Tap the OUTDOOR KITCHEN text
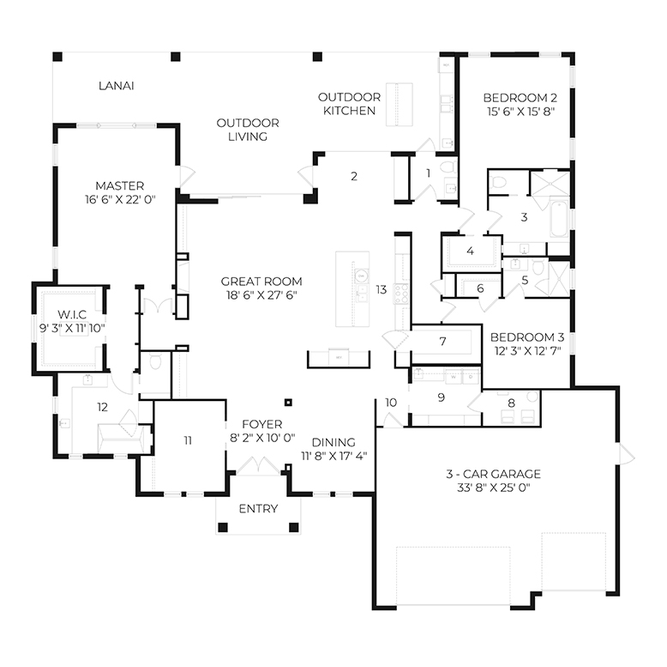(x=347, y=104)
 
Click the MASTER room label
(x=119, y=185)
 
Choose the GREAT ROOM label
(x=261, y=282)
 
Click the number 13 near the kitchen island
(x=382, y=290)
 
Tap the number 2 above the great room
(x=353, y=177)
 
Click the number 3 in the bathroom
(x=524, y=218)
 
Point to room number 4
(x=470, y=252)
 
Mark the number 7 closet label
(x=442, y=342)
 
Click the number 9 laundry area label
(x=442, y=397)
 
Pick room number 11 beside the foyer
(x=188, y=440)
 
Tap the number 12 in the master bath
(x=102, y=406)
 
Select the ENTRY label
(x=258, y=509)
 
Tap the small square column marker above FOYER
(x=289, y=401)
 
